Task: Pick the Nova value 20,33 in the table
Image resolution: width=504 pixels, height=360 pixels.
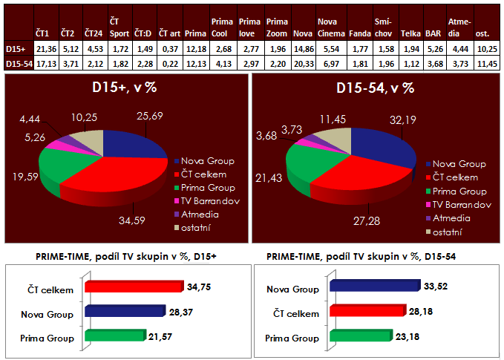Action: (302, 64)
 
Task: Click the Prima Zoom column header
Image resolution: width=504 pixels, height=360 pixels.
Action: (276, 27)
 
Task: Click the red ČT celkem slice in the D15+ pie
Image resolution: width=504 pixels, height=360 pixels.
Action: (119, 178)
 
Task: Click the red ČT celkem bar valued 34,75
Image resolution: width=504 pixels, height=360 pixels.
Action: (134, 287)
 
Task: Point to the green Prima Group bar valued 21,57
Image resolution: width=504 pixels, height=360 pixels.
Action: (115, 336)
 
